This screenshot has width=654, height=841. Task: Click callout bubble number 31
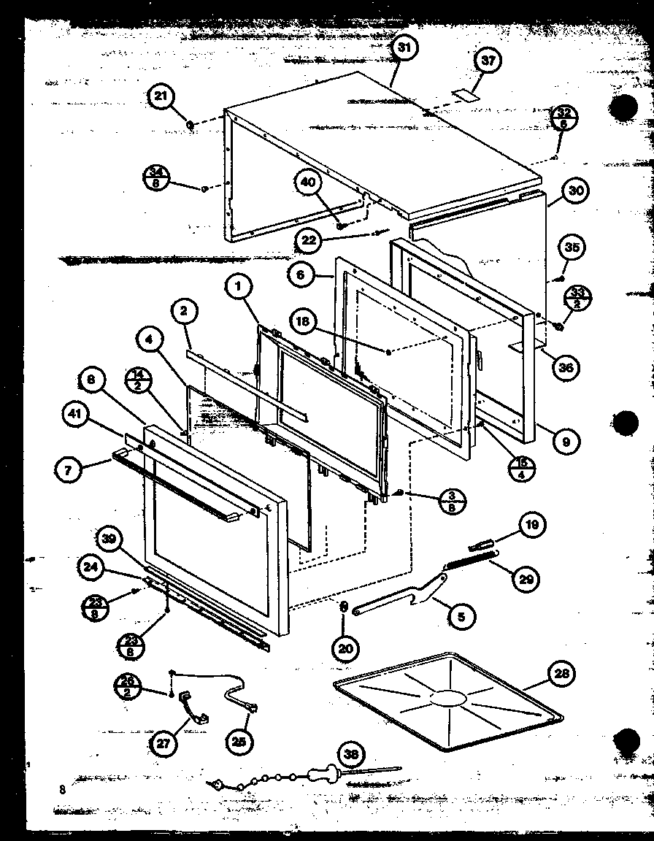pos(405,48)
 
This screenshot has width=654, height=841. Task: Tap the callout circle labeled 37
pos(488,60)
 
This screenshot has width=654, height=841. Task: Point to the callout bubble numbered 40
pos(309,183)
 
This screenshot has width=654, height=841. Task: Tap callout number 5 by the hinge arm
pos(461,617)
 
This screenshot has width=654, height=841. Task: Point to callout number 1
pos(238,288)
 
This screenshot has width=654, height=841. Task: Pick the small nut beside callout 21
pos(189,126)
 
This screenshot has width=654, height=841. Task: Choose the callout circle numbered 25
pos(242,742)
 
